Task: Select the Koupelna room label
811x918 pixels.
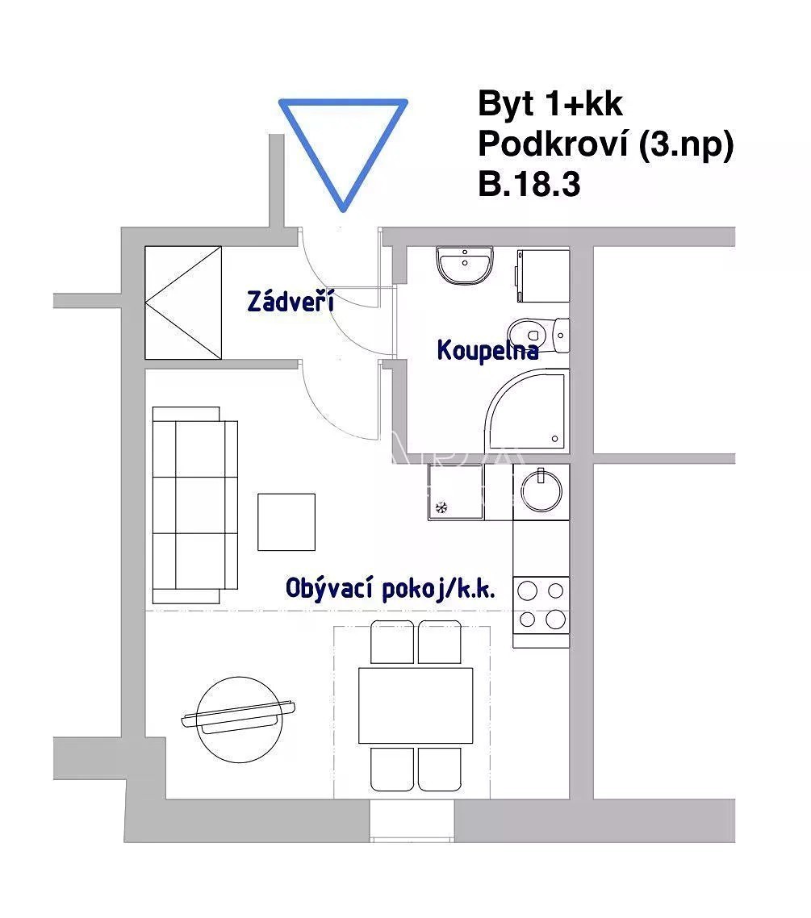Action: pyautogui.click(x=487, y=350)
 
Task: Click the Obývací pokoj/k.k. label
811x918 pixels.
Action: pyautogui.click(x=391, y=588)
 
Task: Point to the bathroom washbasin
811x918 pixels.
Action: pyautogui.click(x=464, y=265)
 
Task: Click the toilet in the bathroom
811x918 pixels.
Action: pyautogui.click(x=538, y=336)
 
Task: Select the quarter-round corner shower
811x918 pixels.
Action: pyautogui.click(x=526, y=410)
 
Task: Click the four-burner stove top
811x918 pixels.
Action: pyautogui.click(x=541, y=605)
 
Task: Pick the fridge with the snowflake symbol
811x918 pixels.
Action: pyautogui.click(x=456, y=492)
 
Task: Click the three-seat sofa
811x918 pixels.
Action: pyautogui.click(x=195, y=505)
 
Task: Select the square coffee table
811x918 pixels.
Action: pyautogui.click(x=286, y=522)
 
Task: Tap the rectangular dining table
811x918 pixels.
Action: pyautogui.click(x=416, y=706)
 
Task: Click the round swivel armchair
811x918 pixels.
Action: pyautogui.click(x=238, y=719)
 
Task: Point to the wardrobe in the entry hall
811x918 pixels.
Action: pyautogui.click(x=183, y=303)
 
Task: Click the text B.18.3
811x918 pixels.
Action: pyautogui.click(x=529, y=184)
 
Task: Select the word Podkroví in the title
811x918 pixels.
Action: pyautogui.click(x=553, y=144)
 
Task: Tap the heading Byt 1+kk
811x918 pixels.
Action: pyautogui.click(x=550, y=103)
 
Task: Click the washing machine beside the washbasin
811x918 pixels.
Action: pyautogui.click(x=543, y=276)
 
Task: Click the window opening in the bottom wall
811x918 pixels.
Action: pyautogui.click(x=412, y=820)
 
